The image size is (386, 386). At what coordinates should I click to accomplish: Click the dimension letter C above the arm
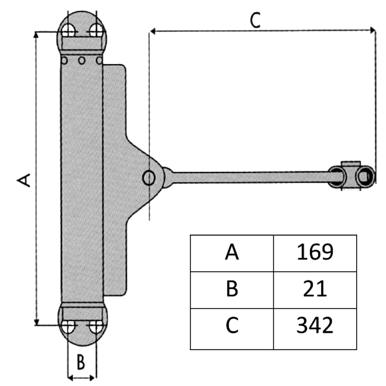(255, 20)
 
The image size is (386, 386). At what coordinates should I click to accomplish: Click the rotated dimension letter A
(24, 180)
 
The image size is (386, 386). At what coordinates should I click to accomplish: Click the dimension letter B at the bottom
(80, 362)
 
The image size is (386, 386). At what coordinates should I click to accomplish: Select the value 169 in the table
(315, 252)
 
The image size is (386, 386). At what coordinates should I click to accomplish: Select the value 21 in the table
(315, 289)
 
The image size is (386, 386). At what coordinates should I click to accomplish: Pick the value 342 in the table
(315, 325)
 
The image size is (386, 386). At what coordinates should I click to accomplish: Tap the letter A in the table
(232, 253)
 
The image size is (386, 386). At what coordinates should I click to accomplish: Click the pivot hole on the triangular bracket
(148, 178)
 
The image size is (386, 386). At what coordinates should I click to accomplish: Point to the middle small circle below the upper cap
(82, 60)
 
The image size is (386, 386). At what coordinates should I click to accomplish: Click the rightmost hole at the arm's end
(364, 176)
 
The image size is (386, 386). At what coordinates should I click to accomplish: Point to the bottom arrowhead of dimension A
(36, 321)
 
